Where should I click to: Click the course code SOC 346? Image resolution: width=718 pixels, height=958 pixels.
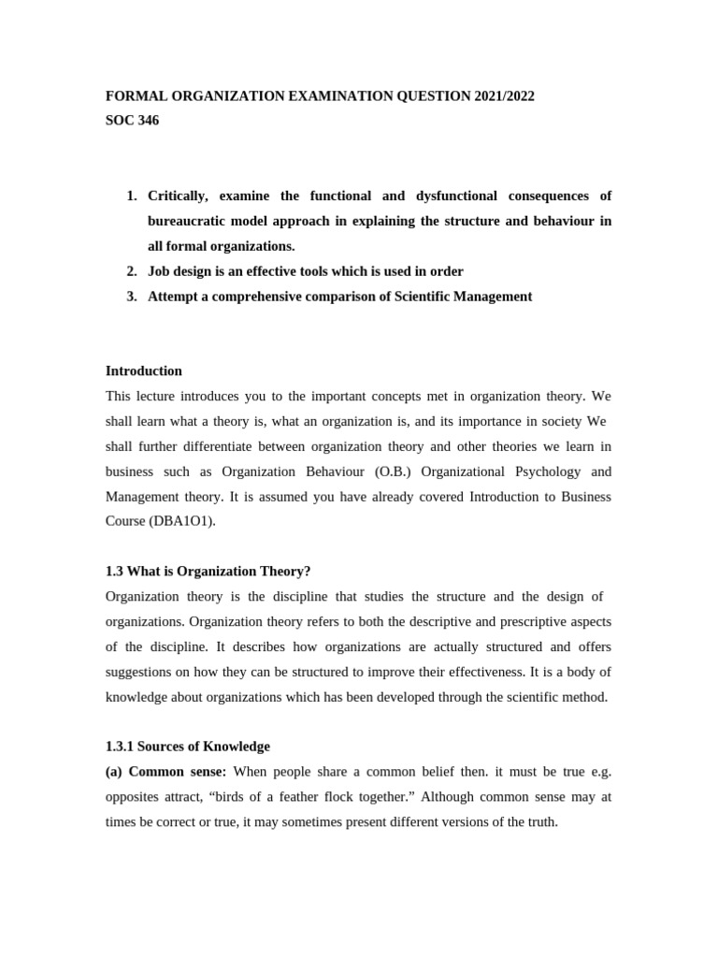point(132,121)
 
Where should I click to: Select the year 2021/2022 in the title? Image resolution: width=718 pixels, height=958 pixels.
point(503,96)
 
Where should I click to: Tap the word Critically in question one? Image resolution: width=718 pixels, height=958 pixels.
point(181,196)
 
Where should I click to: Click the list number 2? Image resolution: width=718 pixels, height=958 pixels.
point(132,271)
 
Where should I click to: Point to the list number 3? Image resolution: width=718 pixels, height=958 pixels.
point(132,297)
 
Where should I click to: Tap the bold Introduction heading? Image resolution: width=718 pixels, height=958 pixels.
point(144,371)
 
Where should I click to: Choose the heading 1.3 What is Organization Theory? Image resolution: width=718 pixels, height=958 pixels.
point(208,572)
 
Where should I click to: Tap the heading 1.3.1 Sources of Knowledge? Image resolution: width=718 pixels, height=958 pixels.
point(188,747)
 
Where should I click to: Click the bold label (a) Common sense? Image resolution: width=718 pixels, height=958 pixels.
point(166,772)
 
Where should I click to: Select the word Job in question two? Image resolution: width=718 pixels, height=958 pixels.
point(160,271)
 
